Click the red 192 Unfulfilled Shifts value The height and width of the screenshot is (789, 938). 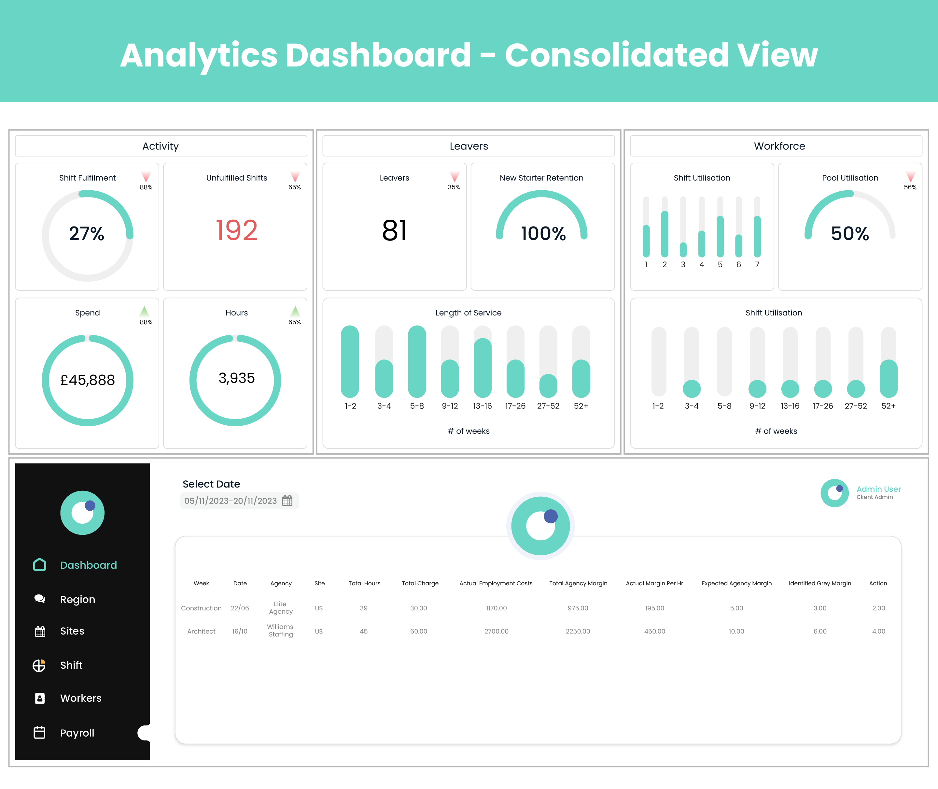[x=236, y=230]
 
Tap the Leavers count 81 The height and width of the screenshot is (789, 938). [x=394, y=231]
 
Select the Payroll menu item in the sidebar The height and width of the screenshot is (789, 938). [x=77, y=733]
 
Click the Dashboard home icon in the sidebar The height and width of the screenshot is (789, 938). [x=40, y=565]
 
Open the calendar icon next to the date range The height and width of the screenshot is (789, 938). [x=287, y=501]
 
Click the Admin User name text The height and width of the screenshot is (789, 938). [x=878, y=489]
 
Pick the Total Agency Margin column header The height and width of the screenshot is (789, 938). [x=578, y=583]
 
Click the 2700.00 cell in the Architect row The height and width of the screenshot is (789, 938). [x=496, y=631]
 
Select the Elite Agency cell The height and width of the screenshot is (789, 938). [x=281, y=608]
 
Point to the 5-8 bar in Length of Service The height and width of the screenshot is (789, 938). [x=416, y=361]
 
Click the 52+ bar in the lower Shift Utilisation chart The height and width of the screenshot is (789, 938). [x=888, y=378]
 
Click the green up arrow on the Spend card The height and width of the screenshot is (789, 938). [x=144, y=311]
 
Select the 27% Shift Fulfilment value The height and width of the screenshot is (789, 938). [x=87, y=233]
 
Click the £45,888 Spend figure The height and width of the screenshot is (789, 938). [x=88, y=380]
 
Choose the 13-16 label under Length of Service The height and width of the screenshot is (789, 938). [x=482, y=406]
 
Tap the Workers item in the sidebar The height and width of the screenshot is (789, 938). [x=80, y=698]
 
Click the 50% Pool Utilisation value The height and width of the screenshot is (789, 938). [x=849, y=233]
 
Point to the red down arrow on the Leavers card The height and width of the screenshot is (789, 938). [x=455, y=176]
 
